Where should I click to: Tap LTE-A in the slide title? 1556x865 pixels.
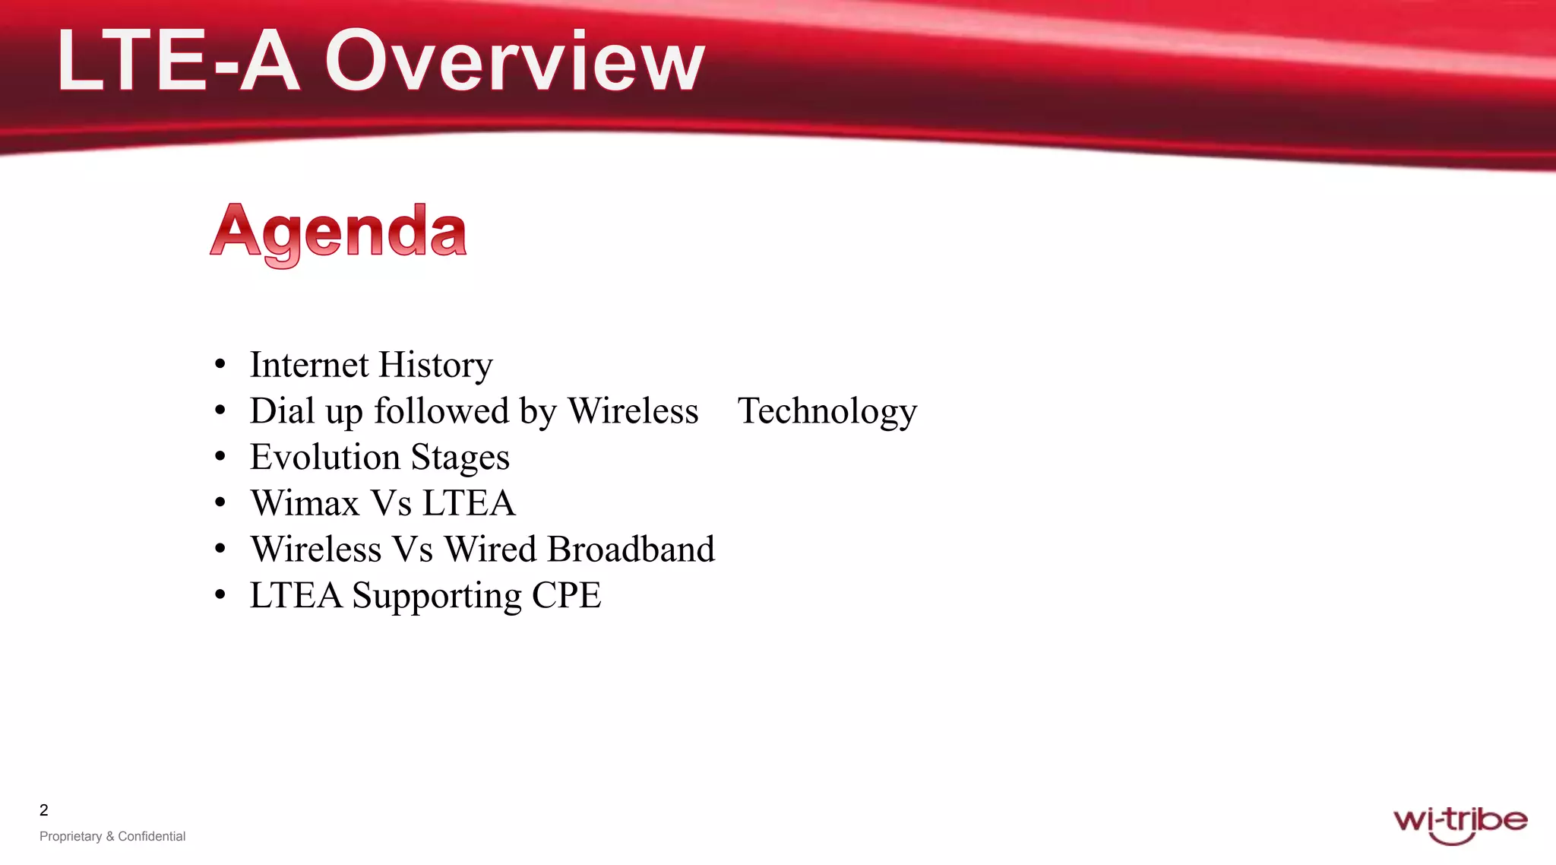[178, 61]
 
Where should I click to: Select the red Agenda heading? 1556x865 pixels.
[338, 232]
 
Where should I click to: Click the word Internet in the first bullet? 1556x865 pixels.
[309, 365]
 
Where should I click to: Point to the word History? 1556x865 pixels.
[435, 365]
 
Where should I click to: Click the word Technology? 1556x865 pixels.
[827, 412]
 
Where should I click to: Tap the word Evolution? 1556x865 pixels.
[324, 458]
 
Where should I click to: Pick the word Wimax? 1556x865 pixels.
[305, 503]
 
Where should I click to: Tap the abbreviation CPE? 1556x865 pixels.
[566, 595]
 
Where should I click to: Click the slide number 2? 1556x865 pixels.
[44, 810]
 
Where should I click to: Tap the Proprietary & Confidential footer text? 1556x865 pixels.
[112, 836]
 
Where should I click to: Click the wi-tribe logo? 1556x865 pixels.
[1460, 824]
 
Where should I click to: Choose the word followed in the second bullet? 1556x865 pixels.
[441, 411]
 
